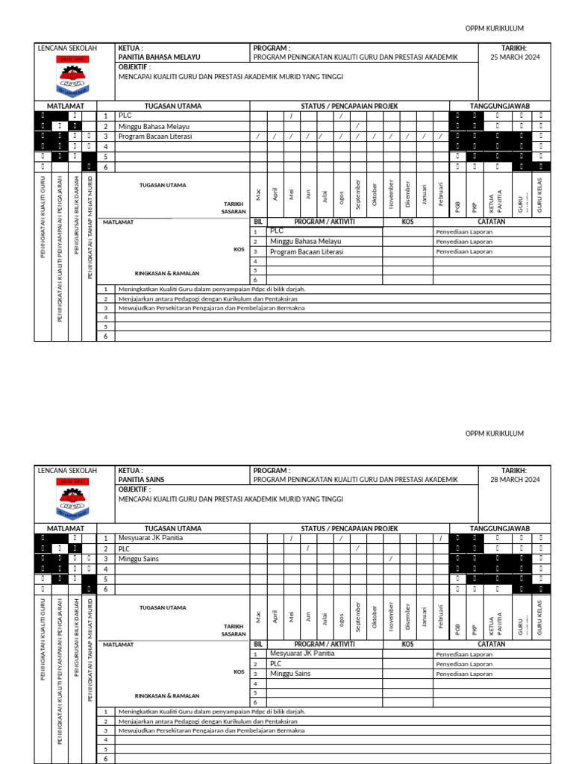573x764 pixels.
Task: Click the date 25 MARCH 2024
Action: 514,57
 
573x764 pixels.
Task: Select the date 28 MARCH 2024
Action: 514,480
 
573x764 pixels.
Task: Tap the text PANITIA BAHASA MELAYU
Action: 159,57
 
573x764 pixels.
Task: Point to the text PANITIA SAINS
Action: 142,480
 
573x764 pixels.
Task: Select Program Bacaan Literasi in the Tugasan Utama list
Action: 155,137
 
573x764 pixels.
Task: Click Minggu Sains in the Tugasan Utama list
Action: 138,559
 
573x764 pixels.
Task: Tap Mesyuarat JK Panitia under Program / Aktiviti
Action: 302,654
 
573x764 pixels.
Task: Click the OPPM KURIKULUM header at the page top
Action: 495,28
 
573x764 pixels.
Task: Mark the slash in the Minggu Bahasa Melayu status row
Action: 357,126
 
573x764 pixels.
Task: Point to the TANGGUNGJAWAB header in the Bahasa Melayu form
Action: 499,106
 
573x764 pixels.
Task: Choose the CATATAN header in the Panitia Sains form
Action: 492,644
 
